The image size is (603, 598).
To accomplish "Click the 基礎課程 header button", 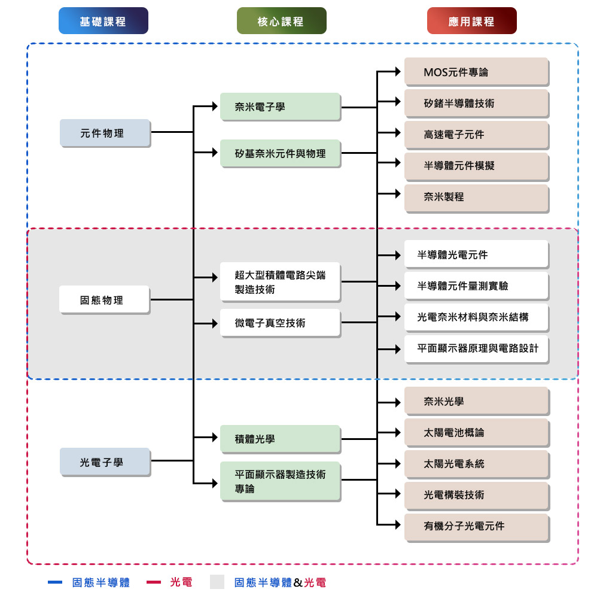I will tap(103, 21).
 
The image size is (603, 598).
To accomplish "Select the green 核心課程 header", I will tap(281, 21).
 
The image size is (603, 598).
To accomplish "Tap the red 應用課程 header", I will tap(471, 21).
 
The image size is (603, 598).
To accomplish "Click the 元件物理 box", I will tap(105, 133).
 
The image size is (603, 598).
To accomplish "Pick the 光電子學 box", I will tap(105, 462).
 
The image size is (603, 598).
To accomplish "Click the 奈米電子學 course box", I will tap(279, 107).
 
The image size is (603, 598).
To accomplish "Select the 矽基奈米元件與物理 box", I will tap(279, 154).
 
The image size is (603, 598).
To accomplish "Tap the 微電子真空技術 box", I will tap(279, 323).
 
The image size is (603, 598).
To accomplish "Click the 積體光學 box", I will tap(279, 439).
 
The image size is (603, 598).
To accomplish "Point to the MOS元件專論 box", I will tap(476, 72).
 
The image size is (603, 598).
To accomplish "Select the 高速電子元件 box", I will tap(476, 135).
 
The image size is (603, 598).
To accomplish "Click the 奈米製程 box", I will tap(476, 197).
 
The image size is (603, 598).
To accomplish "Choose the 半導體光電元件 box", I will tap(476, 254).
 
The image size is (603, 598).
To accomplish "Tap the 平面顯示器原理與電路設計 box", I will tap(476, 348).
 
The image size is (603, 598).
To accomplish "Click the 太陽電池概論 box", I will tap(476, 432).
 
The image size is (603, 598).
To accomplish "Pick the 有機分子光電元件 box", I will tap(476, 526).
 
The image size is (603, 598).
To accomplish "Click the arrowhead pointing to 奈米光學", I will tap(397, 402).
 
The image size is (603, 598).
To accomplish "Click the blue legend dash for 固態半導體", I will tap(55, 582).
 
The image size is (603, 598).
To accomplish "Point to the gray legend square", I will tap(217, 582).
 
